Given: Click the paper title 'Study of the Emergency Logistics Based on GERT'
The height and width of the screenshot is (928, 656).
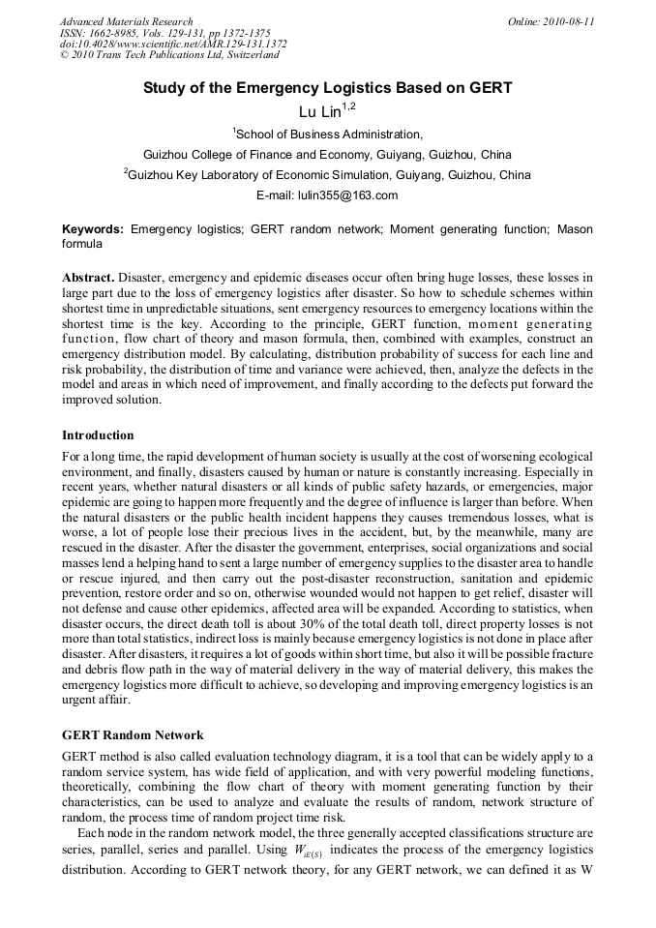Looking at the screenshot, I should tap(327, 88).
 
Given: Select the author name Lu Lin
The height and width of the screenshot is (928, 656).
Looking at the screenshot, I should tap(319, 113).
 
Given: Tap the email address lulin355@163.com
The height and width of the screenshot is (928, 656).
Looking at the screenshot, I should tap(327, 195).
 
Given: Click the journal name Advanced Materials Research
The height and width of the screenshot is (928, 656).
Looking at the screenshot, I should tap(126, 21).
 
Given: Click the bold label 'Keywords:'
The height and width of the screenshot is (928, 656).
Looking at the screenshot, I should tap(93, 229).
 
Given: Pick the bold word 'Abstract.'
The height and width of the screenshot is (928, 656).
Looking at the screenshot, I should tap(88, 277).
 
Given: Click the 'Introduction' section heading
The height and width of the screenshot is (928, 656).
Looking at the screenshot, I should tap(98, 435).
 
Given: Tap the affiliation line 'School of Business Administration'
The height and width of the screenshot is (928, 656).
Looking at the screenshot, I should tap(328, 135).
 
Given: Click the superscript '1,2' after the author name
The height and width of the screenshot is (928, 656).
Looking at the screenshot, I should tap(350, 108).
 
